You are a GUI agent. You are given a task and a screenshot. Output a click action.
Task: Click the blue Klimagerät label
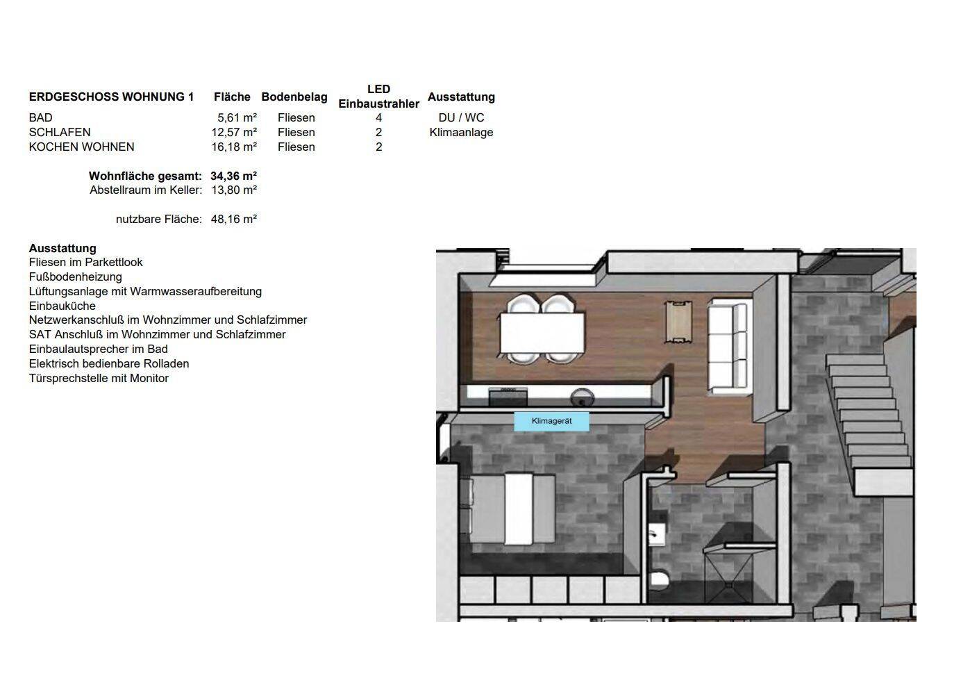tap(551, 421)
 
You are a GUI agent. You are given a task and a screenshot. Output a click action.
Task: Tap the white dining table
tap(542, 333)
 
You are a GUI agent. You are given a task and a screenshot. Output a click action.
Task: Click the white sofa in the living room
tap(728, 347)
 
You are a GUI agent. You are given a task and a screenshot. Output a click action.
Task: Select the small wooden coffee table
tap(678, 322)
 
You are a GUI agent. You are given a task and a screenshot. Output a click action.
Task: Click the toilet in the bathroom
tap(659, 579)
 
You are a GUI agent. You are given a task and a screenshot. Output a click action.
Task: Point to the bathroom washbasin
tap(656, 535)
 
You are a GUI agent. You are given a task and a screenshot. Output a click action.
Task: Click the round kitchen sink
tap(582, 396)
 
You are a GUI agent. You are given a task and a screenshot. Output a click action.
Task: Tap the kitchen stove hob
tap(508, 395)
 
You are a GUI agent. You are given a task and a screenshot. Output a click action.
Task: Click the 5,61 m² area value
tap(237, 117)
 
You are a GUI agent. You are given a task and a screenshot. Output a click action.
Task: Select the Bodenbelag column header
tap(294, 97)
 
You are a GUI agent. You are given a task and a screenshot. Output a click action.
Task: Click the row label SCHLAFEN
tap(60, 132)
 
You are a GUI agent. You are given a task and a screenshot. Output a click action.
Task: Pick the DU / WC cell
tap(461, 117)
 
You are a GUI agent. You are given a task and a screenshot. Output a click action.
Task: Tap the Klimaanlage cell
tap(461, 132)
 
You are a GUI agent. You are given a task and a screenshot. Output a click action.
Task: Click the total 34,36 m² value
tap(233, 176)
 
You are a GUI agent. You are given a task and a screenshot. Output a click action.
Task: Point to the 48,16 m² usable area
tap(234, 220)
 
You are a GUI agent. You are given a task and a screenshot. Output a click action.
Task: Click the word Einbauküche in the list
tap(62, 306)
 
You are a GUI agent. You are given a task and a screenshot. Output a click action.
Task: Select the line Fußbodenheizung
tap(76, 277)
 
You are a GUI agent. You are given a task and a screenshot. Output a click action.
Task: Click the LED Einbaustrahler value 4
tap(379, 117)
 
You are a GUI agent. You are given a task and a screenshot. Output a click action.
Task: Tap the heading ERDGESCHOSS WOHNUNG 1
tap(111, 97)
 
